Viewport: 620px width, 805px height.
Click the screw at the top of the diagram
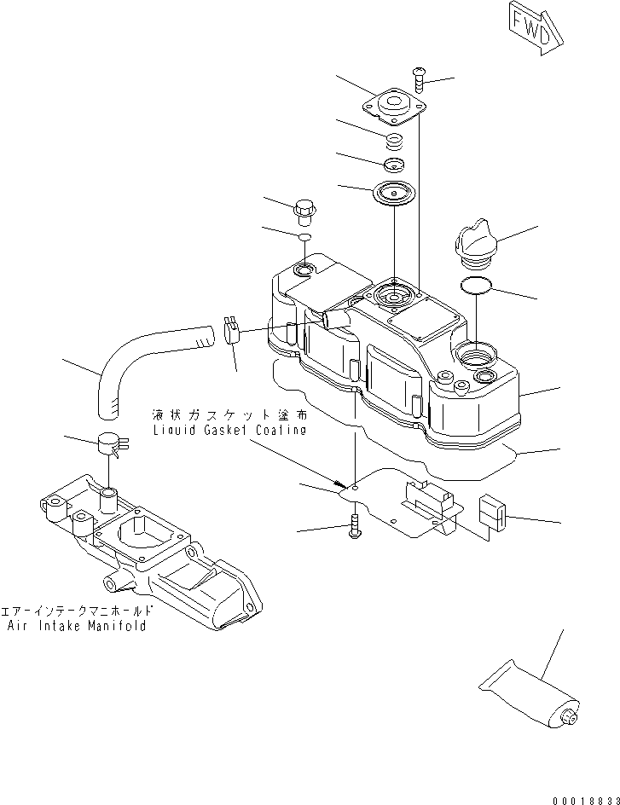tap(420, 79)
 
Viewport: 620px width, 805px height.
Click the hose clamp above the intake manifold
tap(112, 444)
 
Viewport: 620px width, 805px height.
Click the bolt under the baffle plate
tap(355, 530)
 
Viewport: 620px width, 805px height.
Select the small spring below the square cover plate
tap(395, 140)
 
